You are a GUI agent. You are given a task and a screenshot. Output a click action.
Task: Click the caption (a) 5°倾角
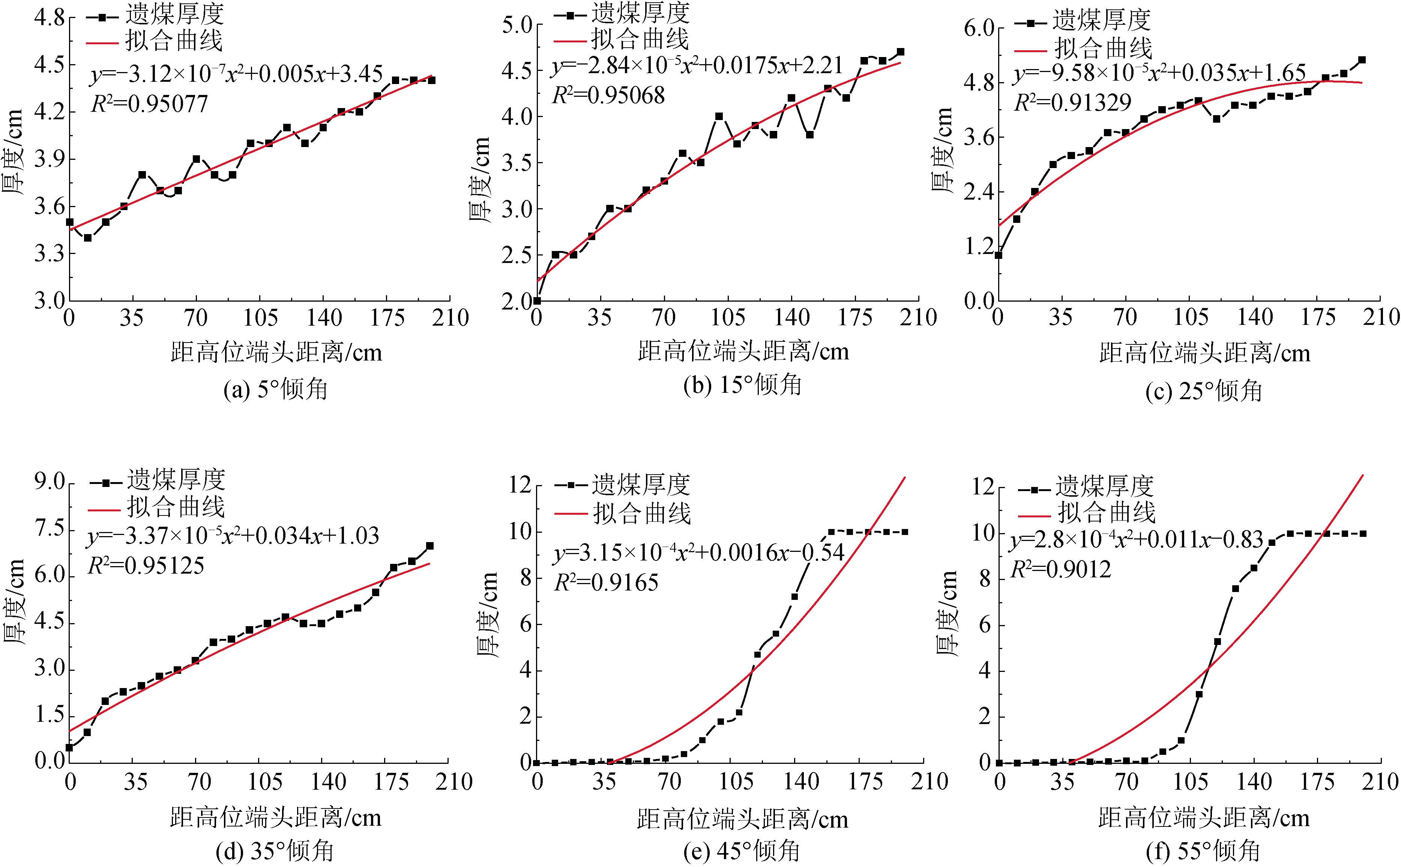click(275, 389)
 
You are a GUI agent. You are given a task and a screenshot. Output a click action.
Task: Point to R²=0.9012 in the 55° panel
click(1060, 569)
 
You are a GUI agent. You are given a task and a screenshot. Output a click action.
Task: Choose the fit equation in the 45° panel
click(699, 553)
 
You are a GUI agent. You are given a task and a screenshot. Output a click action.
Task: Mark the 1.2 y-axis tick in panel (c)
click(979, 246)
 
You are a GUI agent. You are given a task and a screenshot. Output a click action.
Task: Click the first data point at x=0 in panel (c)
click(999, 255)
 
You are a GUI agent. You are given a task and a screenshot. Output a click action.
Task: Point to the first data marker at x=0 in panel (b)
click(537, 301)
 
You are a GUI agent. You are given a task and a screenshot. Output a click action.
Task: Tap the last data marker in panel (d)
click(430, 546)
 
